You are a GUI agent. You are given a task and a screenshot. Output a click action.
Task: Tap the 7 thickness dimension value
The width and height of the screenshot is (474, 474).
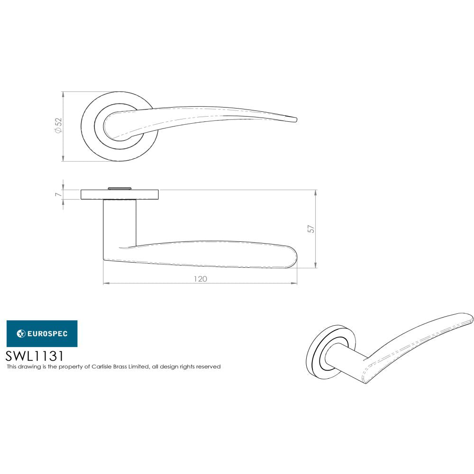58,194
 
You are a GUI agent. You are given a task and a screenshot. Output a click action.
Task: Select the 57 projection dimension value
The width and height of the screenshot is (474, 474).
311,229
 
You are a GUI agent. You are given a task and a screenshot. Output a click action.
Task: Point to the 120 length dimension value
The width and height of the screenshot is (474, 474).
200,279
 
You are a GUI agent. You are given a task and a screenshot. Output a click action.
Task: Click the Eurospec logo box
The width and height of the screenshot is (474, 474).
42,334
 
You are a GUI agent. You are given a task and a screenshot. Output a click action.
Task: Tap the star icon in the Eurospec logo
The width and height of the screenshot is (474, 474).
21,334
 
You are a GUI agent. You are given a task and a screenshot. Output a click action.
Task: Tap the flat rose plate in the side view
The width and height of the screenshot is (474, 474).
119,194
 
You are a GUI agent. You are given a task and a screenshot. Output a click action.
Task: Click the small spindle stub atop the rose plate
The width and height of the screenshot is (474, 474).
119,188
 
